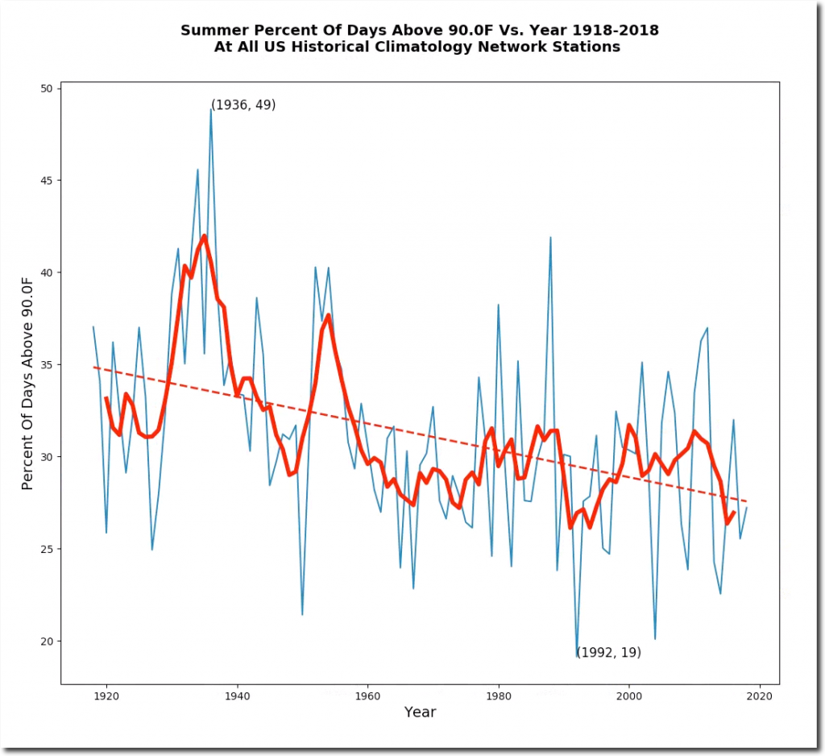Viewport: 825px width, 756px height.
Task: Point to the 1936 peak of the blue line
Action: (x=211, y=109)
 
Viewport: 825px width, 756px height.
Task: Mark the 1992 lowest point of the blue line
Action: (x=577, y=657)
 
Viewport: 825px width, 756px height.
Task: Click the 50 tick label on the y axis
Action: (x=46, y=88)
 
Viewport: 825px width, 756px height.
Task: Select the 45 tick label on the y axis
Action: (x=46, y=181)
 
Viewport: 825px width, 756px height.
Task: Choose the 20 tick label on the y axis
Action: (x=46, y=642)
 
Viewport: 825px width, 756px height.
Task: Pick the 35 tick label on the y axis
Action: (x=46, y=365)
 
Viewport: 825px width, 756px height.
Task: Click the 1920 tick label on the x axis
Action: (x=106, y=696)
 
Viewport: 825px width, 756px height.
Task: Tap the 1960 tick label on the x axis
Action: (x=367, y=696)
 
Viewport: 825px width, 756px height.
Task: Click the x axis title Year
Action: (x=420, y=712)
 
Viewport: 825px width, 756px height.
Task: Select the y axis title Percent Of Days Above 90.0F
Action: (x=27, y=383)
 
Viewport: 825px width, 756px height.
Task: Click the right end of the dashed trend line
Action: (x=746, y=501)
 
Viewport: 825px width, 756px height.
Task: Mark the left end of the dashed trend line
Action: (x=93, y=367)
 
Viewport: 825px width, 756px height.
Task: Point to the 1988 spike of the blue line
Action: (x=550, y=238)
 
